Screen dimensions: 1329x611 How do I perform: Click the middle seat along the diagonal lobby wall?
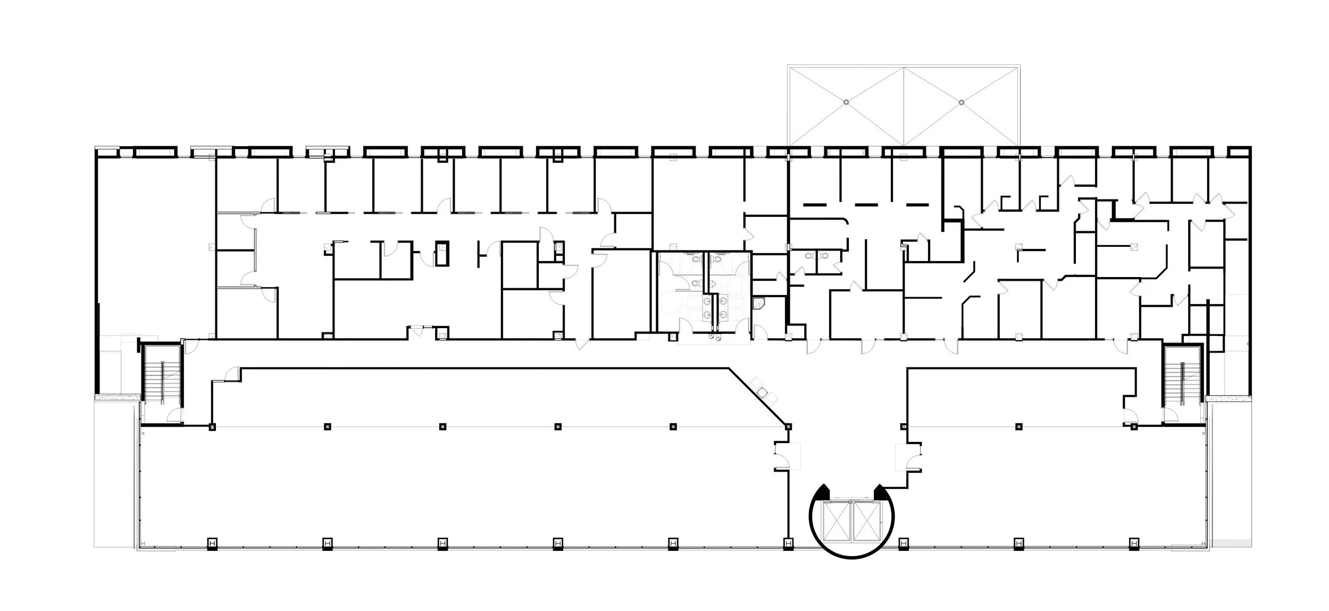[763, 392]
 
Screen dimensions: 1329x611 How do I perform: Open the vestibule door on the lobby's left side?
[782, 456]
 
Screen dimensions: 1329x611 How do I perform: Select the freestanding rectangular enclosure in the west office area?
[442, 254]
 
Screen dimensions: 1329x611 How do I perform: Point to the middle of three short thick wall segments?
[865, 204]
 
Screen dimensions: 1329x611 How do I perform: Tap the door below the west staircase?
[174, 416]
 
